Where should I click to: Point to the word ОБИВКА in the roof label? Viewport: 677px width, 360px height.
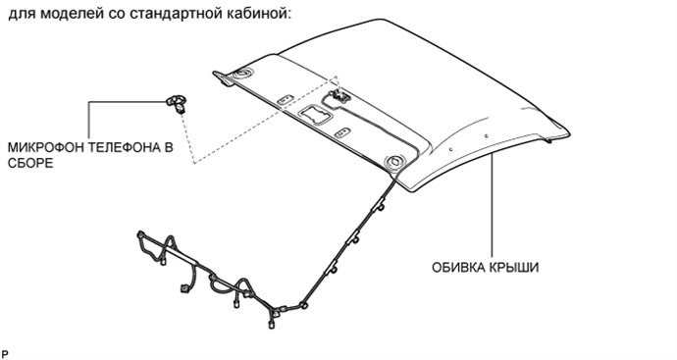pos(455,266)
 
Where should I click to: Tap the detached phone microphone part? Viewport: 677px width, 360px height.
pos(177,99)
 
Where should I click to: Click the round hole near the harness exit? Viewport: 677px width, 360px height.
pos(396,162)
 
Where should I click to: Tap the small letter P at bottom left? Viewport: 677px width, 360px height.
pos(5,350)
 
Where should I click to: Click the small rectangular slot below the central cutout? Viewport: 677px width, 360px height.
pos(342,130)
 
